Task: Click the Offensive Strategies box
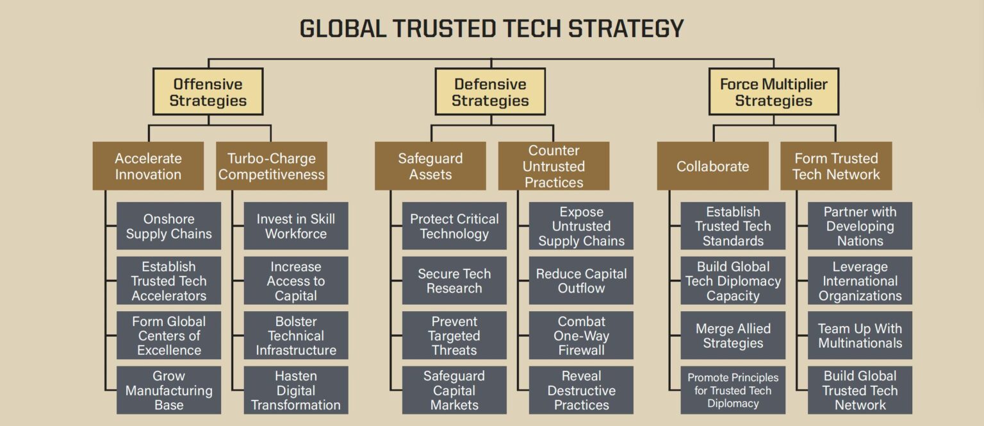[x=208, y=92]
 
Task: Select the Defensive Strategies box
[x=490, y=92]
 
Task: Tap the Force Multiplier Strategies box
[x=773, y=92]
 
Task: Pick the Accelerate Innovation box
[x=148, y=166]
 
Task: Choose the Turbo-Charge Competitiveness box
[x=272, y=166]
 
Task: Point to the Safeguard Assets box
[x=430, y=166]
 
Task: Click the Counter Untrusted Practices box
[x=553, y=166]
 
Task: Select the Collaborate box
[x=712, y=166]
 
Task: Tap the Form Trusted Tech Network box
[x=836, y=166]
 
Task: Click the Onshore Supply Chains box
[x=168, y=226]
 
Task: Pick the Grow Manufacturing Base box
[x=168, y=390]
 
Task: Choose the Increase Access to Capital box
[x=296, y=280]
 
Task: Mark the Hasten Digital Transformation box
[x=296, y=390]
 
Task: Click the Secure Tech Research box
[x=454, y=280]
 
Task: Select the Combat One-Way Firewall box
[x=581, y=336]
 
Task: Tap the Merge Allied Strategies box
[x=733, y=336]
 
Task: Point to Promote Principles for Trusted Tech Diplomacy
[x=733, y=390]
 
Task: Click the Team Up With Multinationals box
[x=860, y=336]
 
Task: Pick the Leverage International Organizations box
[x=860, y=280]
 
